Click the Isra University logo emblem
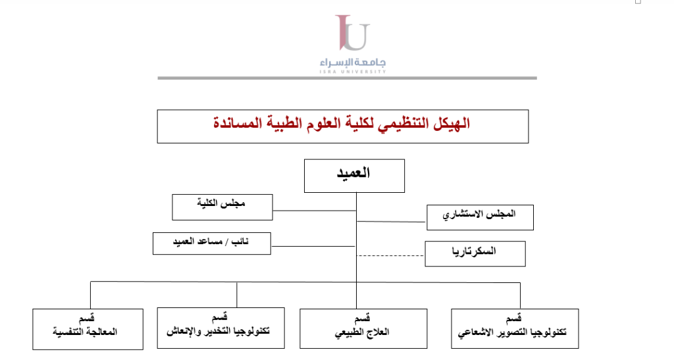[352, 32]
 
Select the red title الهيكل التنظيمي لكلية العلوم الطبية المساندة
[342, 123]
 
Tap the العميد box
[354, 175]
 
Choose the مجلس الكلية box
[222, 207]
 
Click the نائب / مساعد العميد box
[212, 243]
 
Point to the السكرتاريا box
[475, 253]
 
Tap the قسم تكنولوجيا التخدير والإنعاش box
[221, 328]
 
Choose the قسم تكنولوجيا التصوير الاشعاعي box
[515, 328]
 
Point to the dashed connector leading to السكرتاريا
[390, 255]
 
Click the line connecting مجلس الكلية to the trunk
[314, 211]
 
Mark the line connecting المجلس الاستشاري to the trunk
[391, 222]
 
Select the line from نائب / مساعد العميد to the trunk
[313, 246]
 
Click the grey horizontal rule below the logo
[347, 78]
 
